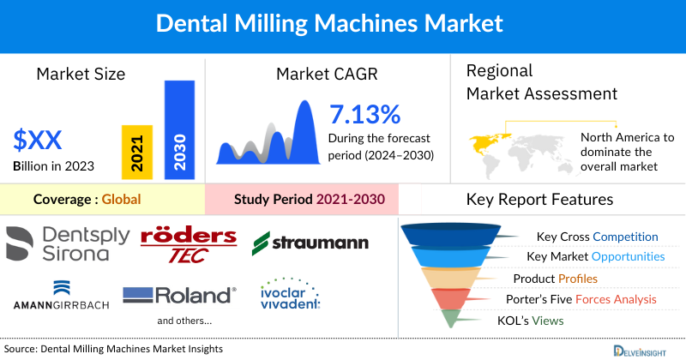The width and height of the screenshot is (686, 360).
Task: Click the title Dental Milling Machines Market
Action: pos(342,23)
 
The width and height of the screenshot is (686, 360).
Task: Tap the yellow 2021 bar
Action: pos(137,150)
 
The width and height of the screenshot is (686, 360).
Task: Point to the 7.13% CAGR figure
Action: pos(364,114)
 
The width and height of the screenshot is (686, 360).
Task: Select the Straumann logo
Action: pos(310,243)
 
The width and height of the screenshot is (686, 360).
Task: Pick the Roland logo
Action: pos(179,296)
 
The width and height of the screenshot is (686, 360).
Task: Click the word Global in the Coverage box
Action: pos(121,200)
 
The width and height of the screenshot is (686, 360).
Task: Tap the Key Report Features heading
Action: pos(539,200)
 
